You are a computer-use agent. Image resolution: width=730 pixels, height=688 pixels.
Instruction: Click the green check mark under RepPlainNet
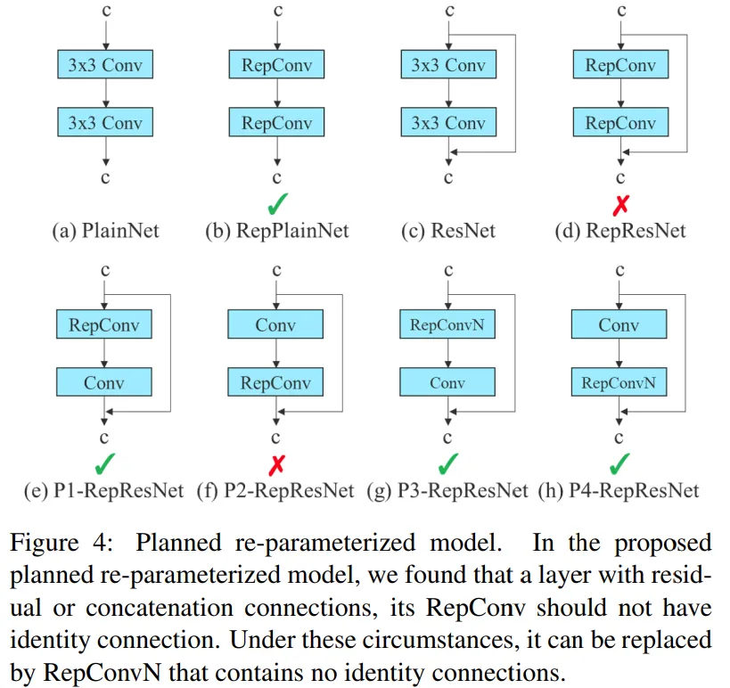coord(278,204)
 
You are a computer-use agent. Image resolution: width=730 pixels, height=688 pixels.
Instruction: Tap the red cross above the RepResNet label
coord(621,205)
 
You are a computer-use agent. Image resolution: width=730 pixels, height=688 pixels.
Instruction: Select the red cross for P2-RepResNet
coord(276,464)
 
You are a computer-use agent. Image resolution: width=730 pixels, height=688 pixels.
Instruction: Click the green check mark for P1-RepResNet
coord(105,463)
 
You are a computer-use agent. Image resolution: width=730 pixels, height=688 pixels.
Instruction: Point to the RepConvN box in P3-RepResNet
coord(447,324)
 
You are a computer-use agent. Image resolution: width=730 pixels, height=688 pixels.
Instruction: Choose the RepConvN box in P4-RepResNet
coord(619,382)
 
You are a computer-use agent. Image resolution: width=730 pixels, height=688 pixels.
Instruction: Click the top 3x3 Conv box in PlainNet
coord(105,64)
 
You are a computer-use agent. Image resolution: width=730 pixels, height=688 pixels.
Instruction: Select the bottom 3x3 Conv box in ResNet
coord(448,122)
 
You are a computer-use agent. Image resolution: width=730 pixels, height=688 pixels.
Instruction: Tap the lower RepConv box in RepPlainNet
coord(276,122)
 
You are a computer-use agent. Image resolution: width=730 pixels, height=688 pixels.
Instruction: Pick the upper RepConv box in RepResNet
coord(620,64)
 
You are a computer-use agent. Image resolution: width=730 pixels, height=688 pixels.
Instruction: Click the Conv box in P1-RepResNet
coord(103,382)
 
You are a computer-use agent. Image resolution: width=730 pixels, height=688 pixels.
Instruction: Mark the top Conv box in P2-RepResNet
coord(275,324)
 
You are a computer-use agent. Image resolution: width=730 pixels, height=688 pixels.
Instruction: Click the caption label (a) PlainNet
coord(106,231)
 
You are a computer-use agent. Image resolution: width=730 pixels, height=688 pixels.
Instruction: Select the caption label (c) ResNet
coord(448,231)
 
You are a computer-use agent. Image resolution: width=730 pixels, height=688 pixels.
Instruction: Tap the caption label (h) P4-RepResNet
coord(619,491)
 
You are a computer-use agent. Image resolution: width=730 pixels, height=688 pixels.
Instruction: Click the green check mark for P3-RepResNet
coord(448,463)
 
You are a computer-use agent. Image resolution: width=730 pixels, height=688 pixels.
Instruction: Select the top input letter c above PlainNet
coord(106,10)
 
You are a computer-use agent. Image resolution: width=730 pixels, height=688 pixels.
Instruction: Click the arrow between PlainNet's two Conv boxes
coord(106,93)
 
